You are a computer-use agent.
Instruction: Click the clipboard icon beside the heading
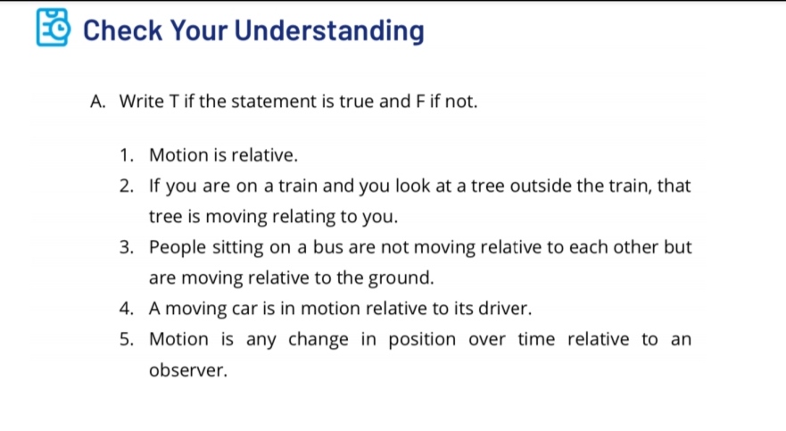[53, 29]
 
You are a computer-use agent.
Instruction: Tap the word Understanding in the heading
[330, 30]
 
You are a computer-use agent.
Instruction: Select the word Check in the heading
[122, 30]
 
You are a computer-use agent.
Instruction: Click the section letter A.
[98, 101]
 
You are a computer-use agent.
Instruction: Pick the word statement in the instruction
[279, 101]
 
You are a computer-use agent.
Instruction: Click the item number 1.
[125, 155]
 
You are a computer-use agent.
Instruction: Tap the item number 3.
[126, 247]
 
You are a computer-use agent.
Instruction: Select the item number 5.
[126, 339]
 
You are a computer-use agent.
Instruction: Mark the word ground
[404, 278]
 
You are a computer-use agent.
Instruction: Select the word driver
[506, 309]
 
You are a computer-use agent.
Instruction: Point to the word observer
[188, 370]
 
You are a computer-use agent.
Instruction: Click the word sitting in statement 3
[239, 247]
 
